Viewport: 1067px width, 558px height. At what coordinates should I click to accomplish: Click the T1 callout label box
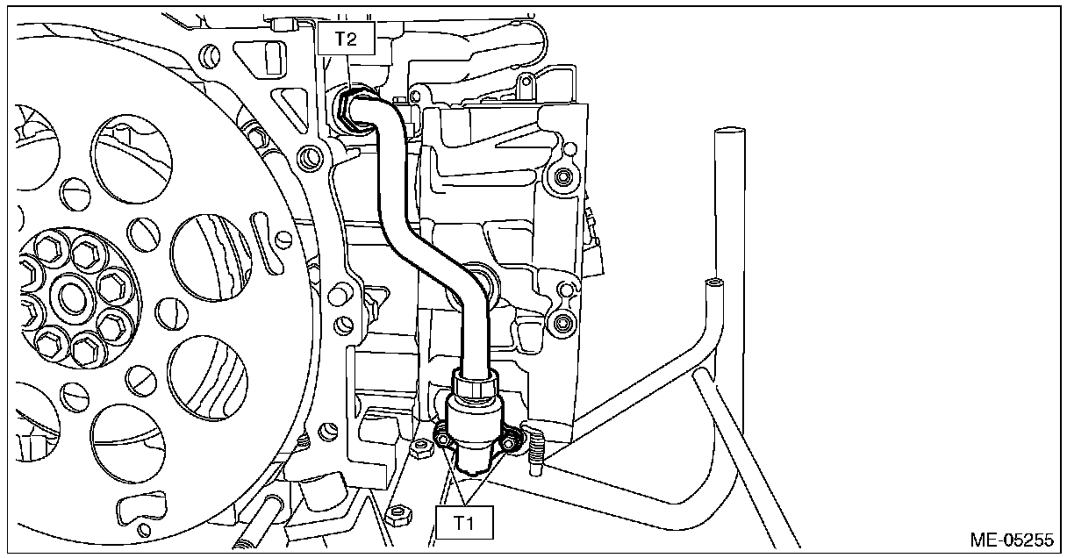click(464, 523)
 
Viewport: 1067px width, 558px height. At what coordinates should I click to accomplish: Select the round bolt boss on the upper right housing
click(559, 179)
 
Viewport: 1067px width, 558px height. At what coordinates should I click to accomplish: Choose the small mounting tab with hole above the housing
click(526, 88)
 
